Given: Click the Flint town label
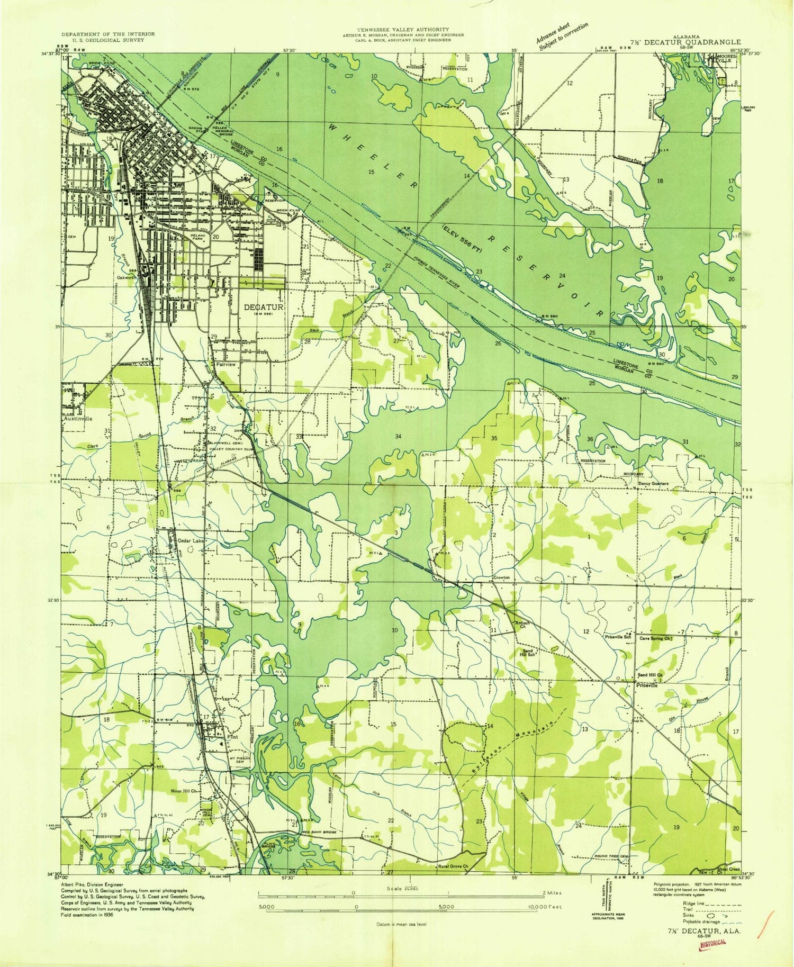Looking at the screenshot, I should (x=232, y=736).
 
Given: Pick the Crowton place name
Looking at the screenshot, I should (x=501, y=577).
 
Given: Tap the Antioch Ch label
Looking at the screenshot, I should (x=522, y=625).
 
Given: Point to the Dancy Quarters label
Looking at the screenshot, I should (x=653, y=483).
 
